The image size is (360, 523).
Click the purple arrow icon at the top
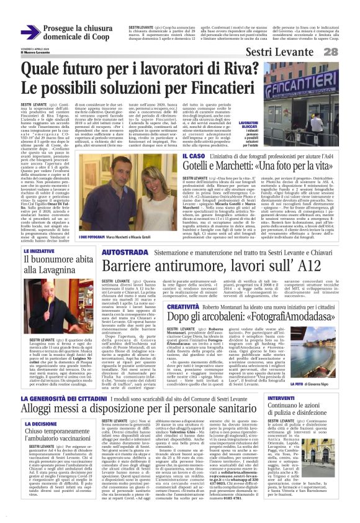click(30, 31)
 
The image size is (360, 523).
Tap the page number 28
click(348, 51)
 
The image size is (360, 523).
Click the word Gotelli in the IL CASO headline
click(203, 168)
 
